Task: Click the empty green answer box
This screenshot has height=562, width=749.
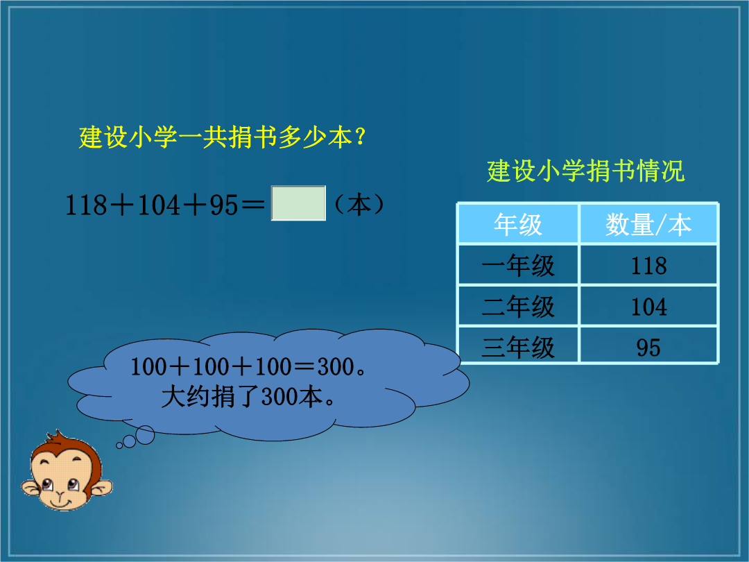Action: (298, 203)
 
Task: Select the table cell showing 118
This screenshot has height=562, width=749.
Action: (648, 265)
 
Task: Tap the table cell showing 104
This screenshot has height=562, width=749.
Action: (648, 307)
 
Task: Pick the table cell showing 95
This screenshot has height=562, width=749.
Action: (648, 346)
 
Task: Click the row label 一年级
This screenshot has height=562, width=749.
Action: (518, 265)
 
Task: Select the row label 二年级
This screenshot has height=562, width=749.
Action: (518, 307)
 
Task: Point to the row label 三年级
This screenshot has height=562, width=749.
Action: (518, 347)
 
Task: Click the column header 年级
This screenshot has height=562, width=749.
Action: (518, 224)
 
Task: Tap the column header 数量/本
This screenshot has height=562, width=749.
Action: (648, 224)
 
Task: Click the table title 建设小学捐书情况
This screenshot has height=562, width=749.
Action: (585, 171)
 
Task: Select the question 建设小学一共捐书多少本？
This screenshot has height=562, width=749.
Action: (223, 137)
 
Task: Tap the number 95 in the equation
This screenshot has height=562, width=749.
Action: (223, 205)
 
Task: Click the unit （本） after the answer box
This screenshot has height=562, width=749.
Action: (359, 205)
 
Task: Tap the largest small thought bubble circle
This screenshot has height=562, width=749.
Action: (145, 435)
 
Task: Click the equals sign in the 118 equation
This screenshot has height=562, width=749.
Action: (252, 205)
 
